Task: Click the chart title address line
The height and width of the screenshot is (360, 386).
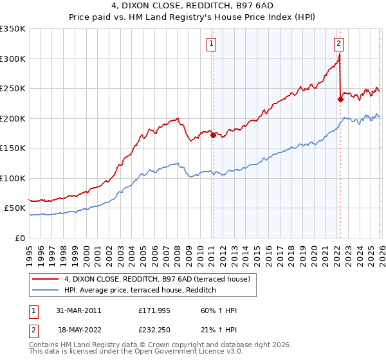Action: [x=192, y=7]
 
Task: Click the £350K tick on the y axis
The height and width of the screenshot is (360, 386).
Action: [x=13, y=29]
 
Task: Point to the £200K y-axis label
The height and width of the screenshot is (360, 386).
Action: [x=13, y=118]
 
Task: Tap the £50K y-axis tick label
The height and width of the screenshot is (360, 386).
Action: [x=15, y=208]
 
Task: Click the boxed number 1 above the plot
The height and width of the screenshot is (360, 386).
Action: [x=211, y=44]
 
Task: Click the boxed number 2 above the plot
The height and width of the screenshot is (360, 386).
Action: [x=338, y=44]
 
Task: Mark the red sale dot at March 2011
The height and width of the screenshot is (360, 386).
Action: [x=213, y=135]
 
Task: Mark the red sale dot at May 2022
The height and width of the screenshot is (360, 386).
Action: [x=340, y=99]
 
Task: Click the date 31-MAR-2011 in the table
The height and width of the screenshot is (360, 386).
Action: [x=78, y=310]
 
